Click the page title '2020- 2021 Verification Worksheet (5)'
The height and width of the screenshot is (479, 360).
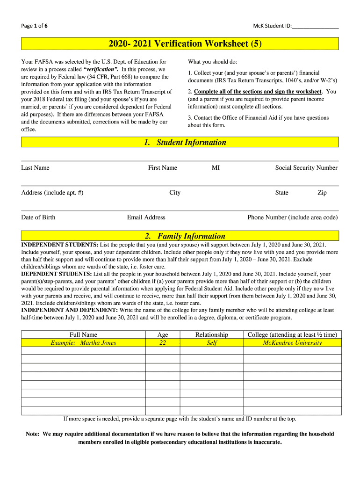coord(180,44)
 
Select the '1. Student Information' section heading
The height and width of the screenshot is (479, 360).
coord(180,142)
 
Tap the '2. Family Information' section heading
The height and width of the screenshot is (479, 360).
coord(180,236)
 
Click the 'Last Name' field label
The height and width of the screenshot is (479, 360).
coord(35,168)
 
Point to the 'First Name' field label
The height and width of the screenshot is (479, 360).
coord(163,168)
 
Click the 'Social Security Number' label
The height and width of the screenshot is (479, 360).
coord(306,168)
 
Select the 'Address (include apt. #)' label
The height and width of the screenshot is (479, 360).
coord(52,193)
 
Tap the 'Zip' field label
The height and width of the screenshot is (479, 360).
coord(322,193)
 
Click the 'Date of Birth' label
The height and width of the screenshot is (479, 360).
coord(38,218)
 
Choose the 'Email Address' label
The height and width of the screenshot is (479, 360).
coord(146,218)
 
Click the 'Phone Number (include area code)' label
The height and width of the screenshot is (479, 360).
coord(292,218)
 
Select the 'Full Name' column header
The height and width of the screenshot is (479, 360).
coord(83,334)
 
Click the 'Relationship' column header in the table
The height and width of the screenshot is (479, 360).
coord(212,334)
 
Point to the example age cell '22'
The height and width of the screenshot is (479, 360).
coord(163,343)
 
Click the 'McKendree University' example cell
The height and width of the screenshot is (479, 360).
coord(292,343)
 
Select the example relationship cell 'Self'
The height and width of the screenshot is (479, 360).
coord(212,343)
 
